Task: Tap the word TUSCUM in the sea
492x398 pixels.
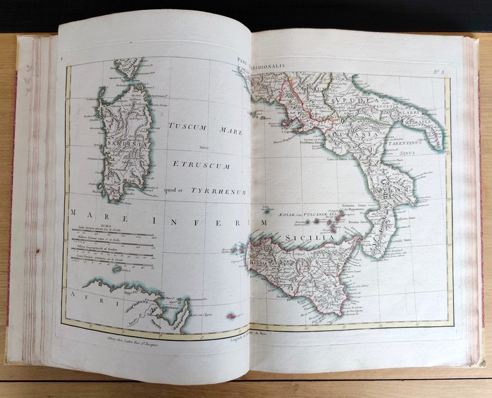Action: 189,126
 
